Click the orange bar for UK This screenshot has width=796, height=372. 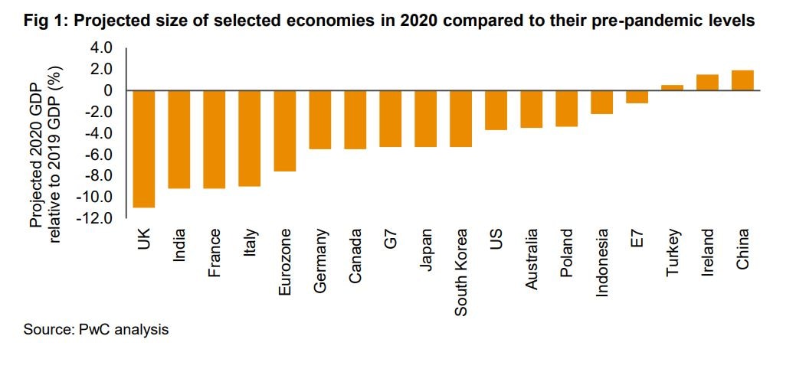pos(143,148)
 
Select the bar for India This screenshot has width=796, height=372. pos(179,139)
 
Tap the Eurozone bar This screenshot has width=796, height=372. pos(285,131)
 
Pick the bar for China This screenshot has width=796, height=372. pos(742,80)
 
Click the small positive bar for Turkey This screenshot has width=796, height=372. pos(672,88)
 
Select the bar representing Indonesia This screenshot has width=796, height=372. pos(601,103)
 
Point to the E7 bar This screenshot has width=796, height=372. pos(637,97)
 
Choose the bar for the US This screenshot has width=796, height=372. pos(496,110)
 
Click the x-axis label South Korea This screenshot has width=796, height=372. pos(460,272)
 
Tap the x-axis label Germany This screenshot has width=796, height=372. pos(320,259)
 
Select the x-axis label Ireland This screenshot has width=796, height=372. pos(707,253)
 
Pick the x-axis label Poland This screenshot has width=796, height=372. pos(566,253)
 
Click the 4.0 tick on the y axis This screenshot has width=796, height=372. pos(102,48)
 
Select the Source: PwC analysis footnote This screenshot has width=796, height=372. pos(96,330)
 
